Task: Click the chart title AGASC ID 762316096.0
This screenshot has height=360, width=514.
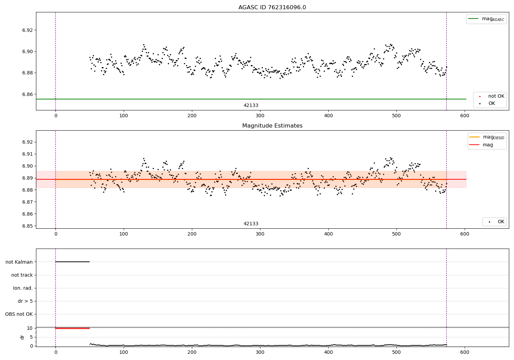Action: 272,8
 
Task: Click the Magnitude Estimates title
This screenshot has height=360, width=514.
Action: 272,126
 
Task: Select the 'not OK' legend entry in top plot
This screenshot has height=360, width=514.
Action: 496,96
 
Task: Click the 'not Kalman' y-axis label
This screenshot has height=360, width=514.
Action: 19,262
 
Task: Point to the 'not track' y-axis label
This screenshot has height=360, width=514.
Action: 22,275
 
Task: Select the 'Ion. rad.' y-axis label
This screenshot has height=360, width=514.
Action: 23,288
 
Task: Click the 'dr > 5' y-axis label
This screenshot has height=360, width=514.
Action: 25,301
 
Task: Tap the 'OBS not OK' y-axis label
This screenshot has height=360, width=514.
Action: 19,314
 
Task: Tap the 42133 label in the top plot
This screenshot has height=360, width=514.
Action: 251,106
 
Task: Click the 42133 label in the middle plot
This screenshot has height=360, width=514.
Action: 251,224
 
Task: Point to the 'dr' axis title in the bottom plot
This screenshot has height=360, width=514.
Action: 22,337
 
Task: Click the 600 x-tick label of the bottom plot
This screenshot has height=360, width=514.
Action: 465,352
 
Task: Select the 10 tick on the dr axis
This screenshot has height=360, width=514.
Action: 30,328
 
